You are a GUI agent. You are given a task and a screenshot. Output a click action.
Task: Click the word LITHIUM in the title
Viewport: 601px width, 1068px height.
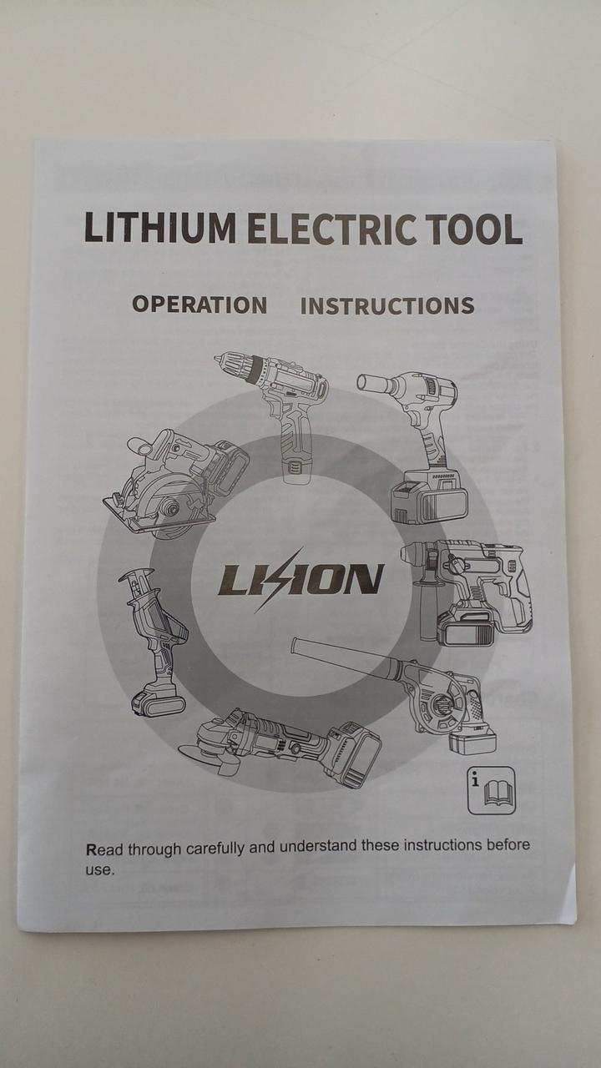point(160,229)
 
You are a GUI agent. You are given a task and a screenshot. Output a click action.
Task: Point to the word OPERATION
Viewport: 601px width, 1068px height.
point(199,305)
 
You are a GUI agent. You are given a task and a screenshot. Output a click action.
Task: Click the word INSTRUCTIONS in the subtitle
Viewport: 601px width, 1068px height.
point(387,305)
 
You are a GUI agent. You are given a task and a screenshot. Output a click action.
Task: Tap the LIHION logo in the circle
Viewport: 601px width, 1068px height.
point(300,579)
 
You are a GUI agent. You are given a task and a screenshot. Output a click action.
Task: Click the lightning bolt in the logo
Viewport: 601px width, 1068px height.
point(280,579)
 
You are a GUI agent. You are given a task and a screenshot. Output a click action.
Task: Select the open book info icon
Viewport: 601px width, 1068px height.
point(492,790)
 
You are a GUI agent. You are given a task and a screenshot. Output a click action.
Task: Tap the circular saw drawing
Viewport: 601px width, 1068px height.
point(175,484)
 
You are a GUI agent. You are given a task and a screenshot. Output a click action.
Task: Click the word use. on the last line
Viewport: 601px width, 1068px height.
point(101,870)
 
